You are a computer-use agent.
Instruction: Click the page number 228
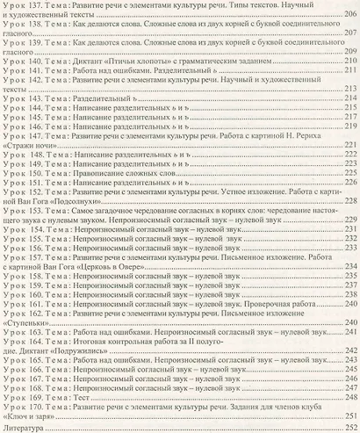click(x=349, y=201)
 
